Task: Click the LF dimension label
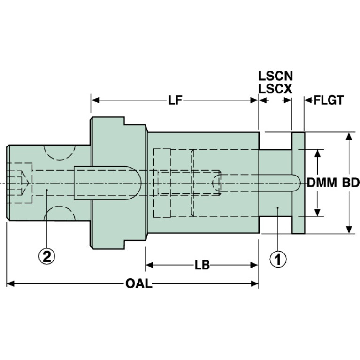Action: [x=175, y=100]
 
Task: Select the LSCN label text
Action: [x=275, y=75]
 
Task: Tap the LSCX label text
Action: [x=275, y=88]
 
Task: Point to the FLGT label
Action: [x=329, y=100]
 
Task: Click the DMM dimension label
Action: [x=322, y=183]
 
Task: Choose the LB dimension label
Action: [x=201, y=265]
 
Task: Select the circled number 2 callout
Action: [x=47, y=256]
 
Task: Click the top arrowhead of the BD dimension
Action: [x=349, y=136]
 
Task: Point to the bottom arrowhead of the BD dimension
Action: [x=349, y=230]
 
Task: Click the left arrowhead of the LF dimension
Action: [x=94, y=100]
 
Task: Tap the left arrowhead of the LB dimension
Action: [x=149, y=265]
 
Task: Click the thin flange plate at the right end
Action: [x=298, y=183]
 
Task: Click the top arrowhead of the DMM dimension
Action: [x=319, y=153]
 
